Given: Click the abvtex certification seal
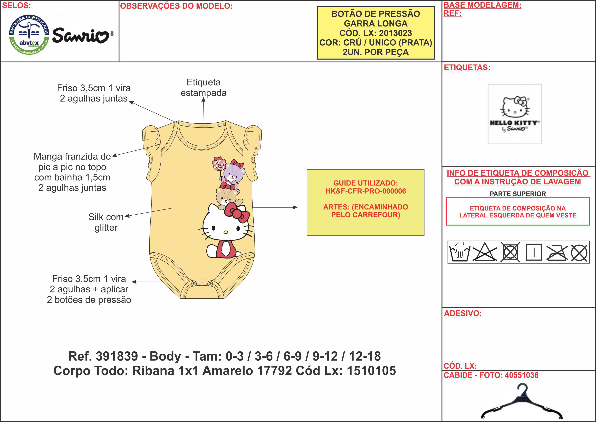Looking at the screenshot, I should coord(29,35).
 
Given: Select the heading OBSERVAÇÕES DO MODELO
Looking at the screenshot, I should coord(176,6).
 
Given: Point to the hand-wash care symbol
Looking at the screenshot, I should coord(459,252).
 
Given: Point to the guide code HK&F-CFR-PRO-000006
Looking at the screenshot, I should coord(366,191).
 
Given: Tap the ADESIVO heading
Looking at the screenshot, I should coord(463,313).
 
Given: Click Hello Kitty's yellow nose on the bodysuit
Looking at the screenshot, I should coord(226,232).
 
